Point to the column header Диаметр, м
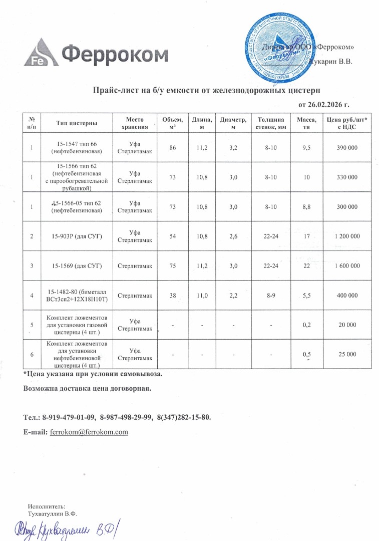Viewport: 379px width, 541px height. click(233, 123)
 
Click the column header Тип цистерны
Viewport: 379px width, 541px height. click(77, 123)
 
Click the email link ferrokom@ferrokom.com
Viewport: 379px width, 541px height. click(89, 432)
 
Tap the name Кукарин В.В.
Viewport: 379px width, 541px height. click(331, 62)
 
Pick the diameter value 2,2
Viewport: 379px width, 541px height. click(233, 296)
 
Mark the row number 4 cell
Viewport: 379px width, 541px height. click(32, 296)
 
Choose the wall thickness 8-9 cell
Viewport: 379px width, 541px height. click(270, 296)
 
